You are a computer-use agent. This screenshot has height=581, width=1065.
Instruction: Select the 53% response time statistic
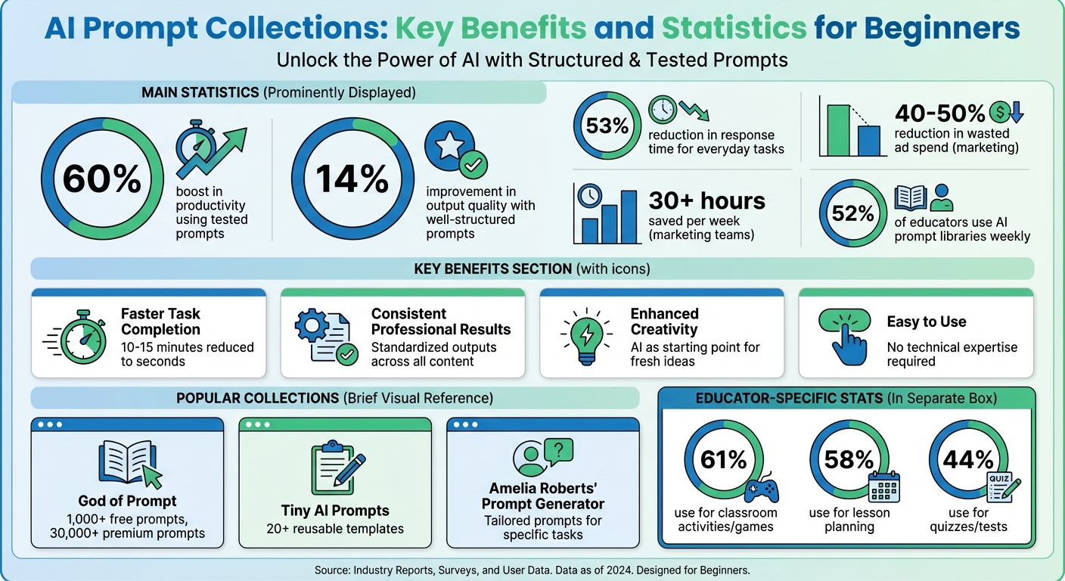coord(607,126)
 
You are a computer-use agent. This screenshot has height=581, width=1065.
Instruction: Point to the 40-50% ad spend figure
coord(940,113)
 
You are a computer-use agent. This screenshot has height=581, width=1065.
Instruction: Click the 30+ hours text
coord(706,201)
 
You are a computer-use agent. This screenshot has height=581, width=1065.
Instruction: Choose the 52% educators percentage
coord(853,214)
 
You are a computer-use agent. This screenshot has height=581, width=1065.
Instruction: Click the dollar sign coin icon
coord(1000,113)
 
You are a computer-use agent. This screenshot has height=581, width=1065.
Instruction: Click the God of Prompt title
coord(127,501)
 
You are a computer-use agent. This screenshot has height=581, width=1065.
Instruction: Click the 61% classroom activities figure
coord(724,460)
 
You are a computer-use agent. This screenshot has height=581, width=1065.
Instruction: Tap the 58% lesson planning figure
coord(849,460)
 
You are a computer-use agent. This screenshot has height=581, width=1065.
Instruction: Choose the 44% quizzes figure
coord(968,460)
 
